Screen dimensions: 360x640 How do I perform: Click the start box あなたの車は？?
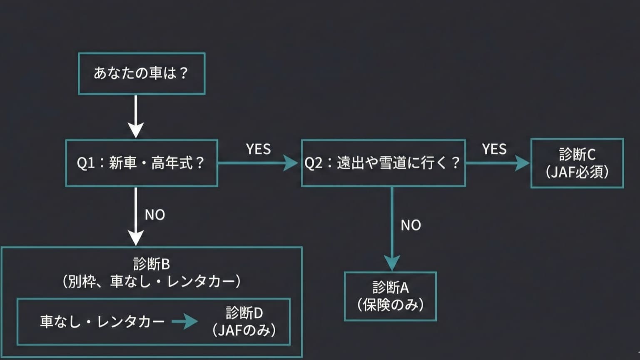pyautogui.click(x=142, y=73)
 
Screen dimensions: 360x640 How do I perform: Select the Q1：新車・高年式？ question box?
pyautogui.click(x=142, y=163)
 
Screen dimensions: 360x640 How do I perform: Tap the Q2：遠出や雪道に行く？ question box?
pyautogui.click(x=383, y=163)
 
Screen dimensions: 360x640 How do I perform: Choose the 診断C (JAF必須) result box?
pyautogui.click(x=577, y=163)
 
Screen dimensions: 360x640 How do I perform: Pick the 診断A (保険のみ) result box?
pyautogui.click(x=390, y=296)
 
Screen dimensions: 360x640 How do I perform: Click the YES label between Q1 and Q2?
pyautogui.click(x=258, y=149)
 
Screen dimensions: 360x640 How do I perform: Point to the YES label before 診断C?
pyautogui.click(x=494, y=149)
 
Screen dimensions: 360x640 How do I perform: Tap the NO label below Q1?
pyautogui.click(x=155, y=215)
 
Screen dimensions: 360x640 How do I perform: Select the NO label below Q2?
pyautogui.click(x=411, y=225)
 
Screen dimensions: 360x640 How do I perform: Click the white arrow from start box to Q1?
pyautogui.click(x=136, y=117)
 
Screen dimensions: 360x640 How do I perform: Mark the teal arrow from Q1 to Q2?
pyautogui.click(x=258, y=163)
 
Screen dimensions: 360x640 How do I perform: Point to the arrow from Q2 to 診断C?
pyautogui.click(x=498, y=163)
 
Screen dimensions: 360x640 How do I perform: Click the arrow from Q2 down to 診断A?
pyautogui.click(x=392, y=229)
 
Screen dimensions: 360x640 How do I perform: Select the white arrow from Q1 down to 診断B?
pyautogui.click(x=136, y=217)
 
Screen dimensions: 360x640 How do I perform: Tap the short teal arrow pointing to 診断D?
pyautogui.click(x=185, y=321)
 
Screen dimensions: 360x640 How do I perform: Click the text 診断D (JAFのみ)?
pyautogui.click(x=244, y=321)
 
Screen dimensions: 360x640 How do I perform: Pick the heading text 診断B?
pyautogui.click(x=152, y=264)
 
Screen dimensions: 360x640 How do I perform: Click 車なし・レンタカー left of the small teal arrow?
pyautogui.click(x=102, y=321)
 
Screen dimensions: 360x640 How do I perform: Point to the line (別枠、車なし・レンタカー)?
pyautogui.click(x=152, y=282)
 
